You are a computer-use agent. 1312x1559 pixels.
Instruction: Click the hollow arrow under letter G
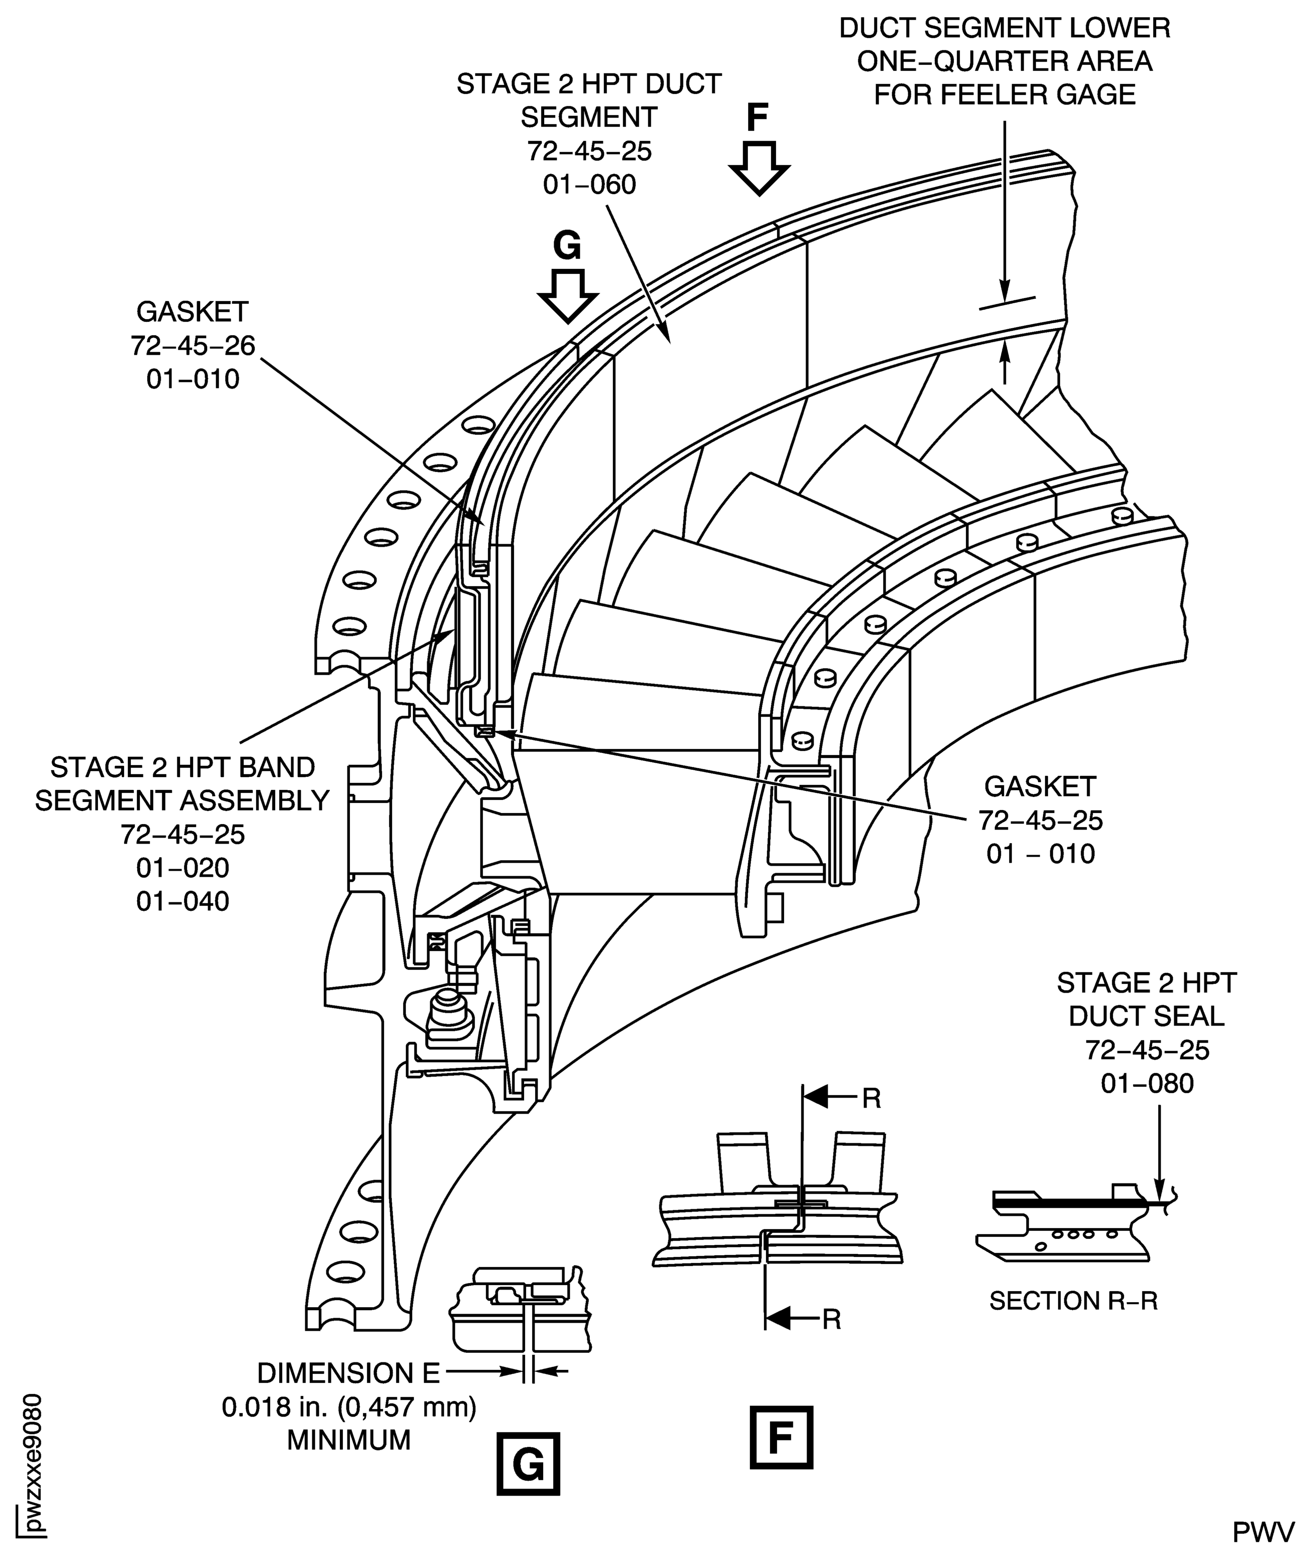click(x=567, y=295)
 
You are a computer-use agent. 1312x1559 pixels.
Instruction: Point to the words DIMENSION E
click(x=348, y=1373)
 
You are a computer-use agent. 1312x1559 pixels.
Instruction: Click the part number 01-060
click(x=589, y=185)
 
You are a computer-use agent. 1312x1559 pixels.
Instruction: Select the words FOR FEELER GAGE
click(x=1004, y=95)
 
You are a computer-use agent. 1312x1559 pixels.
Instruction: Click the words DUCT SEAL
click(x=1146, y=1016)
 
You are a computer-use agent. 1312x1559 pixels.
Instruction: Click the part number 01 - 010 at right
click(x=1040, y=854)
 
